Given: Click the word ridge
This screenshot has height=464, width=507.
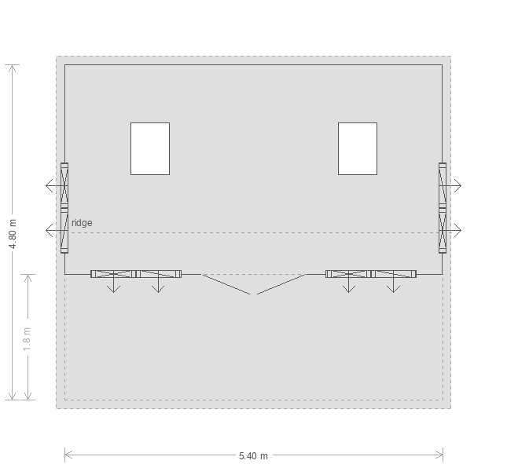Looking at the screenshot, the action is [82, 223].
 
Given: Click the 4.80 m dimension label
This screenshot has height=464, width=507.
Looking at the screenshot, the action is [13, 234].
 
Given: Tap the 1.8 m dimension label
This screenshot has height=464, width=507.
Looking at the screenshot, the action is [27, 339].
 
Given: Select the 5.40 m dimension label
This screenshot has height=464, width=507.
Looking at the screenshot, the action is [253, 456].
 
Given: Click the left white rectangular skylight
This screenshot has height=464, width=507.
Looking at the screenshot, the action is [150, 148].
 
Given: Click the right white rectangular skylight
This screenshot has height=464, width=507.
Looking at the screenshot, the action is [358, 148].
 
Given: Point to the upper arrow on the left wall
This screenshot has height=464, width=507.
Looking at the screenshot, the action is [55, 185].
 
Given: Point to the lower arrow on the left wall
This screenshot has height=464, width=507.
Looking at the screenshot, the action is [55, 231].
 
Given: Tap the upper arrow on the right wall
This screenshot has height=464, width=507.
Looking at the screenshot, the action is [452, 185].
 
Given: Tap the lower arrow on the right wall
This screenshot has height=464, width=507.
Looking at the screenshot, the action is [452, 231].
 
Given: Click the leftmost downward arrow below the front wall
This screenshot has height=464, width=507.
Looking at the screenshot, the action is [113, 283].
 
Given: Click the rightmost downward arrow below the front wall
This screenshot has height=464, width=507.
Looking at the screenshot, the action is [393, 283].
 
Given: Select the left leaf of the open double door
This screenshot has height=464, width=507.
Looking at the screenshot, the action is [226, 284].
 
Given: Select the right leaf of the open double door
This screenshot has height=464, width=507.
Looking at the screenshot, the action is [281, 284].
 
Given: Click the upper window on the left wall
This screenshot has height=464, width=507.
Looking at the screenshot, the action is [64, 185].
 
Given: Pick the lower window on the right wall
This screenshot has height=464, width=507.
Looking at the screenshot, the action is [443, 231].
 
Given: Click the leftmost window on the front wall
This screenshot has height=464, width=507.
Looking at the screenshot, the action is [113, 274].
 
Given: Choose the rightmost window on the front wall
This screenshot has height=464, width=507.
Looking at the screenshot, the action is [393, 274].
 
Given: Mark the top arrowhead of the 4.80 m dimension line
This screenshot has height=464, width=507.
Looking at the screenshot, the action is [13, 65].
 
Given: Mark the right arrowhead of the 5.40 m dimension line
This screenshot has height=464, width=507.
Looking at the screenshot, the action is [443, 455].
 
